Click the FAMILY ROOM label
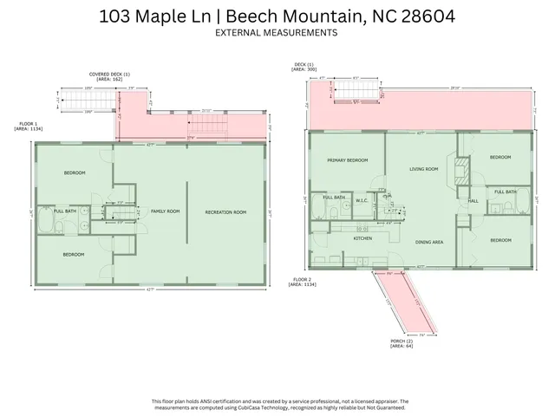(x=165, y=211)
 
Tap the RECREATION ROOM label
(x=225, y=211)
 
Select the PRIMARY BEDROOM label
(x=347, y=161)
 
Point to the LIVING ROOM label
(x=423, y=169)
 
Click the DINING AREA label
(x=429, y=243)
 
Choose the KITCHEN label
(x=362, y=237)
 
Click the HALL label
(x=473, y=201)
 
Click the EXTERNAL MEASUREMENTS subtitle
(x=277, y=33)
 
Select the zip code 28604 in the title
(x=426, y=15)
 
